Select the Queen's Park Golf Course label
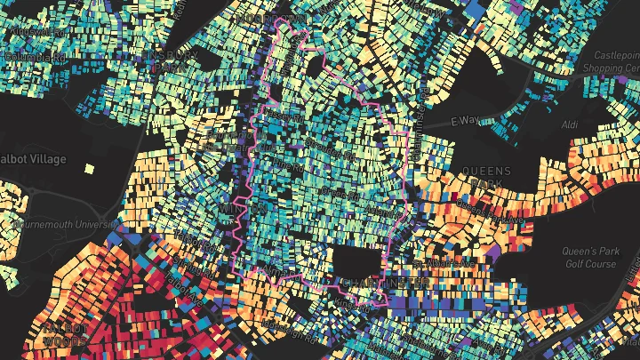point(590,258)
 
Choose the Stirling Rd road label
point(321,143)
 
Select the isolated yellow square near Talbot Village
point(89,167)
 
